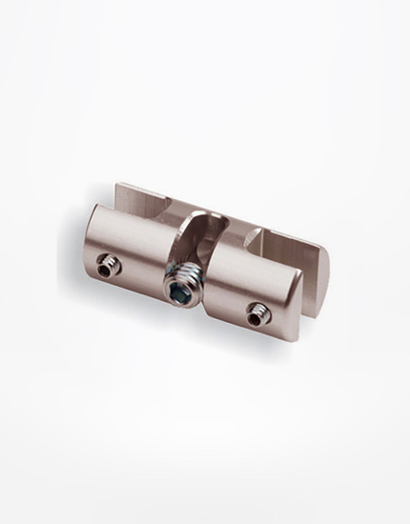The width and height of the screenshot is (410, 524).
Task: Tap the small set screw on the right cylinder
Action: click(x=255, y=308)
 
